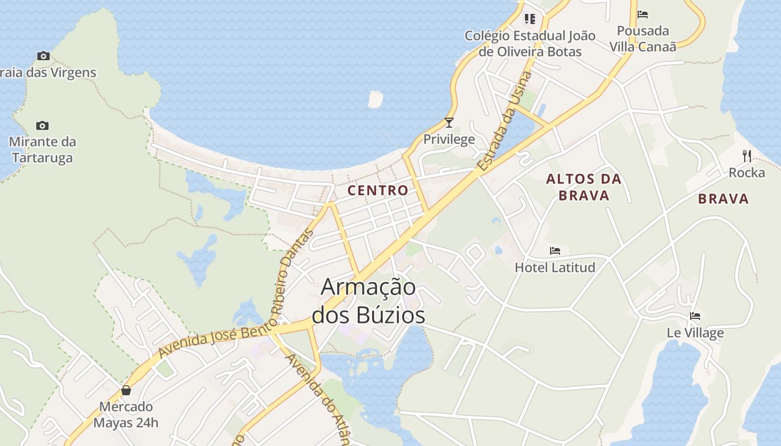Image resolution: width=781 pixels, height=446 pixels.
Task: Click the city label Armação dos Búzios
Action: pos(368,301)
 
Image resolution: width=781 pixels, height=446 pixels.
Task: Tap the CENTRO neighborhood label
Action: pos(378,190)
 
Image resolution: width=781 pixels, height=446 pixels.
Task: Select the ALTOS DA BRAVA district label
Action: pos(584,187)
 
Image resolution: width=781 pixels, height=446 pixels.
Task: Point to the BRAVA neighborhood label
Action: pos(723,198)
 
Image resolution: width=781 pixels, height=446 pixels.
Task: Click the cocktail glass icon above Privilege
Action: pos(449,123)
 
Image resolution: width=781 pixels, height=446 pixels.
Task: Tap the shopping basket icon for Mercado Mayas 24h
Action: pos(126,390)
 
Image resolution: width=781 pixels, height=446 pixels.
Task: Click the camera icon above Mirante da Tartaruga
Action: pos(42,125)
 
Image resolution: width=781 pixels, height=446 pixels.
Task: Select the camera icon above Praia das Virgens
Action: pos(43,56)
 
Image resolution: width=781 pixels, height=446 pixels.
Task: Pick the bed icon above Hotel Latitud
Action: pos(555,251)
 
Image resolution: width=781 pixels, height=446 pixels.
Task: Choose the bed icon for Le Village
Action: pos(695,316)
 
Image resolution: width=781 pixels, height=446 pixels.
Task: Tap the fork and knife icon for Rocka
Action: pos(747,156)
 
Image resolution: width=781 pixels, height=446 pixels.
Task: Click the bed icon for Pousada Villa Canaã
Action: pos(643,14)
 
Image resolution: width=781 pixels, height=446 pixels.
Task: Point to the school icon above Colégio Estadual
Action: pos(530,20)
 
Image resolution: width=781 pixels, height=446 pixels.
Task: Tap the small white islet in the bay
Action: pos(375,99)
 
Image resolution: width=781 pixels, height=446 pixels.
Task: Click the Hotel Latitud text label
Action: pos(555,268)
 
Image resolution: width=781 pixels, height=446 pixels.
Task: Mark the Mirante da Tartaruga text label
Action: pos(42,149)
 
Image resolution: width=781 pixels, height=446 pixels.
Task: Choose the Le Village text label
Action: pos(695,333)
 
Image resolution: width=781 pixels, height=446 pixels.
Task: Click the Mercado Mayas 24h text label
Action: pos(126,414)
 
